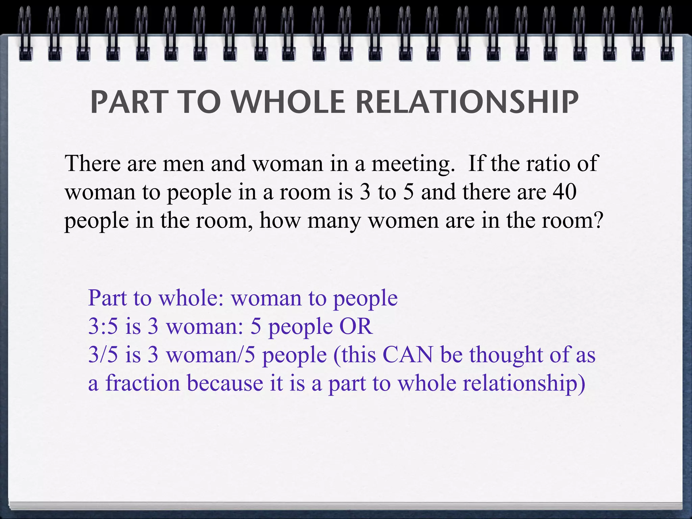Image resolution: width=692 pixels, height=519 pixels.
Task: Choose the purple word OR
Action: click(356, 326)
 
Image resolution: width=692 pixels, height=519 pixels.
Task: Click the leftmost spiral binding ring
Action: click(25, 34)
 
